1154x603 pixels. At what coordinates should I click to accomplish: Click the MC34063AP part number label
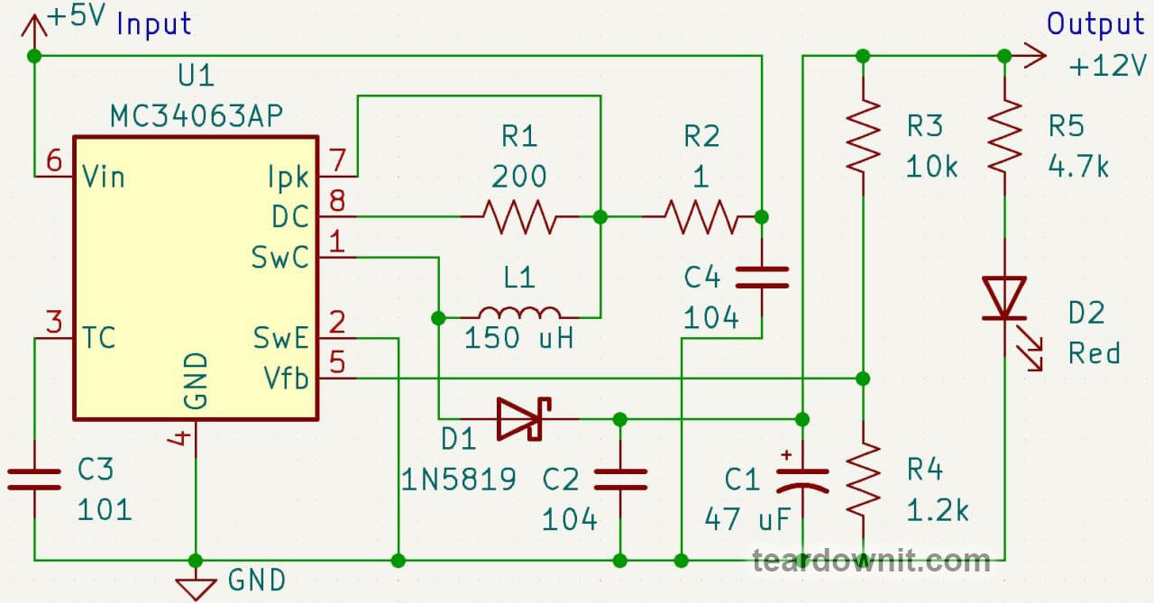tap(197, 116)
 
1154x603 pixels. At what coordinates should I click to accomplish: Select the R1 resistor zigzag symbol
tap(519, 217)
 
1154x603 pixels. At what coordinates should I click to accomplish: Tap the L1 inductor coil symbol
tap(519, 313)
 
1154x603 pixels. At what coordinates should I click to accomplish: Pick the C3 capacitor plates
tap(34, 479)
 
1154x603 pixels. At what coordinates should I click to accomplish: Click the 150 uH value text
tap(518, 338)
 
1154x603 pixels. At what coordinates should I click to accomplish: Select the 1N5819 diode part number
tap(458, 480)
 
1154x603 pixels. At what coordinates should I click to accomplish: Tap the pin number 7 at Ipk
tap(337, 160)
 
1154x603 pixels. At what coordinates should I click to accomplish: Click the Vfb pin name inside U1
tap(286, 379)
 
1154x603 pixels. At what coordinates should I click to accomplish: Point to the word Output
tap(1095, 24)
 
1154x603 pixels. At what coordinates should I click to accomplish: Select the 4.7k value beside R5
tap(1078, 167)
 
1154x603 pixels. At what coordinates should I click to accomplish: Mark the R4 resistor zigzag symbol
tap(863, 480)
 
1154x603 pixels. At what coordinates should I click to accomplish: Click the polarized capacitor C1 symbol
tap(802, 479)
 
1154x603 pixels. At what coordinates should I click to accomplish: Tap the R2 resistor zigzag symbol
tap(701, 217)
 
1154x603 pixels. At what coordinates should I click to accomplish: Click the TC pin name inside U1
tap(98, 338)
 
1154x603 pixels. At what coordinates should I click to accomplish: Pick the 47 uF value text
tap(747, 519)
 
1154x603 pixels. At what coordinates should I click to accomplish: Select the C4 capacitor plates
tap(762, 277)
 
